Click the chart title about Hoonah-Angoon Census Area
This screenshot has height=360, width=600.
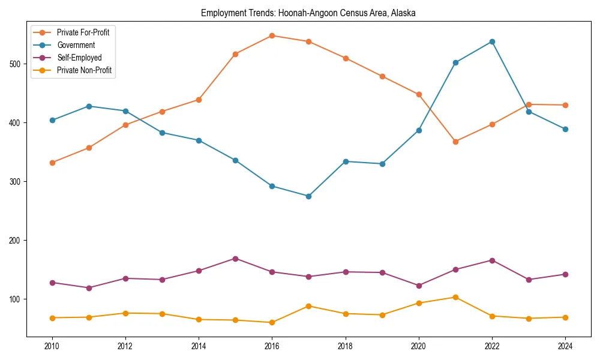(308, 13)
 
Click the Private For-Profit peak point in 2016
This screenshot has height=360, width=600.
(272, 35)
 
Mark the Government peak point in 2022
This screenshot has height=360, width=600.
(492, 41)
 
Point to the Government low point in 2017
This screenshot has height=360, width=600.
(308, 196)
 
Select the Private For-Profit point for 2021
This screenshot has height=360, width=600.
(455, 142)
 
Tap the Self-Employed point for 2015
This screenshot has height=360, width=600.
(235, 259)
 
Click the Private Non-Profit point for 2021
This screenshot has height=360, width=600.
(455, 297)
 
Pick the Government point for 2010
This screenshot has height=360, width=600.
(52, 120)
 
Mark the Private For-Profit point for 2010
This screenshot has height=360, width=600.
(52, 163)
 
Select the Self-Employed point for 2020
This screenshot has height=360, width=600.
(419, 286)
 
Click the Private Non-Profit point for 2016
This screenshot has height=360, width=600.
(272, 322)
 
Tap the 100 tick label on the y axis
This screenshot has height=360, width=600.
(16, 299)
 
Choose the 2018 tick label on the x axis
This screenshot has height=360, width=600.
(345, 346)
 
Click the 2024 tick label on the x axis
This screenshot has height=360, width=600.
(565, 346)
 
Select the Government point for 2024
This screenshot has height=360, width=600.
(565, 129)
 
